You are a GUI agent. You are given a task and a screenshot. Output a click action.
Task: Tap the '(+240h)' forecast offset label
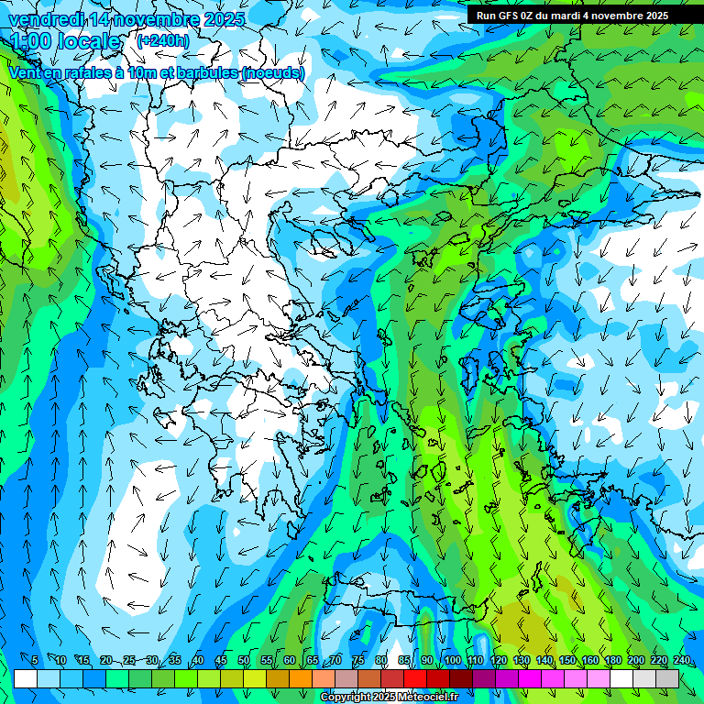[162, 40]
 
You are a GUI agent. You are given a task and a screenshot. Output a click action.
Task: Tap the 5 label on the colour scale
[34, 661]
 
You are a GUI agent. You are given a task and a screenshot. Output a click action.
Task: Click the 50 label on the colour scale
[244, 661]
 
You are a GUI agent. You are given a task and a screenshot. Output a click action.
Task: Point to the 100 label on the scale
[451, 661]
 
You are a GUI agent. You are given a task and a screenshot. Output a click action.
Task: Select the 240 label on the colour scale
[681, 661]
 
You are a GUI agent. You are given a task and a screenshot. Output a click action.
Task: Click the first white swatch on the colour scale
[26, 678]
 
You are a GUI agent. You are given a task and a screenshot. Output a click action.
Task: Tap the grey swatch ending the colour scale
[667, 678]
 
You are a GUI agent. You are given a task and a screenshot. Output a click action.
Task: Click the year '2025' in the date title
[224, 19]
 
